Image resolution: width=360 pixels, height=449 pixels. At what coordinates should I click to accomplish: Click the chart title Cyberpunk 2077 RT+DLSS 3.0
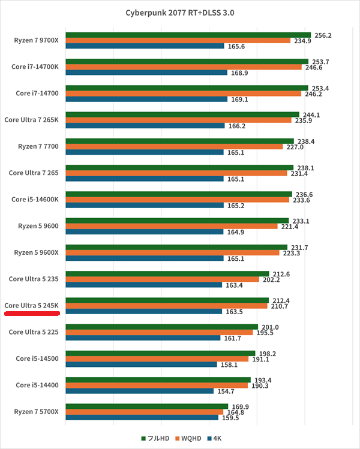[180, 13]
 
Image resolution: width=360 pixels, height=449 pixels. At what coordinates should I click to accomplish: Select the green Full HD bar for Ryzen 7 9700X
[188, 35]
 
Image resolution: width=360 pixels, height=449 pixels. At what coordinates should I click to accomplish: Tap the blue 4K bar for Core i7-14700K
[146, 73]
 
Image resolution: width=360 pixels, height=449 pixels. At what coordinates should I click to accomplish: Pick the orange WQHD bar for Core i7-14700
[184, 94]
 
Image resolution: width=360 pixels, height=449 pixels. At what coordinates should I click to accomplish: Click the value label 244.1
[311, 115]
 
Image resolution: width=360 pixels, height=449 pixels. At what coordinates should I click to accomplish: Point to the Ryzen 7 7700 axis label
[38, 146]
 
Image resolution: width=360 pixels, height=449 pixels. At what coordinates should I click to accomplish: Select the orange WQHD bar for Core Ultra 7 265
[176, 173]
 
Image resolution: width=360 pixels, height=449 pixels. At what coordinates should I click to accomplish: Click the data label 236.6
[304, 194]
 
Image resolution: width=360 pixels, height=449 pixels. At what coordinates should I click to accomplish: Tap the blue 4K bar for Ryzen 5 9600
[145, 231]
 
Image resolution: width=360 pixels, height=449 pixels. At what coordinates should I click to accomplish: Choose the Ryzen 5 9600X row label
[36, 252]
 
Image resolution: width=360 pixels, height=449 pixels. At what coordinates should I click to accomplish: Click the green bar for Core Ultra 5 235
[167, 274]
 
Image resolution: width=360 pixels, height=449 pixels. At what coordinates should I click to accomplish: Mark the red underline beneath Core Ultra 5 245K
[32, 314]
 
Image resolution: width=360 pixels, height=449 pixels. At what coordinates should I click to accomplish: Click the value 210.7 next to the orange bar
[280, 306]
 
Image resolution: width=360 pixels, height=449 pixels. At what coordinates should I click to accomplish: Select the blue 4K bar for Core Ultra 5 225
[143, 338]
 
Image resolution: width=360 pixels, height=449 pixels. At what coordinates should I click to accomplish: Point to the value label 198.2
[268, 354]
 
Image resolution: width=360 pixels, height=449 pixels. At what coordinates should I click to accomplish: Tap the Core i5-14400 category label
[37, 385]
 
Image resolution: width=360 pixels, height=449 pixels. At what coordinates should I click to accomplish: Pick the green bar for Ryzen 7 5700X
[147, 406]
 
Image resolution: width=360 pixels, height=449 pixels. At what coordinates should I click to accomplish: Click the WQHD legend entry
[188, 438]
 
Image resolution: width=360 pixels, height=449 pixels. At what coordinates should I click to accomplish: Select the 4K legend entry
[214, 438]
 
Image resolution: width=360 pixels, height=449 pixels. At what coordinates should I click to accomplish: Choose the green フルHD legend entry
[155, 438]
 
